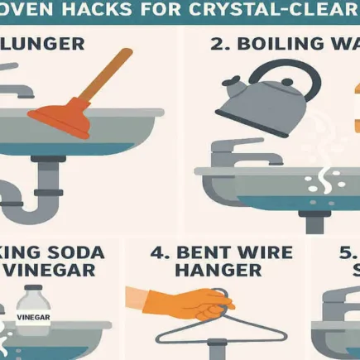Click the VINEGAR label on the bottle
(33, 315)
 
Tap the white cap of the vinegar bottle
(34, 290)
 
